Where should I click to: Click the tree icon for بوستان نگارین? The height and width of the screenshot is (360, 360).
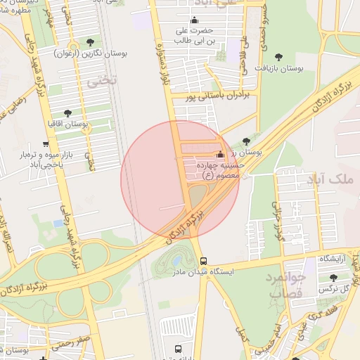[x=90, y=42]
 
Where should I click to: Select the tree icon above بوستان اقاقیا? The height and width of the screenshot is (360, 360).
[x=68, y=112]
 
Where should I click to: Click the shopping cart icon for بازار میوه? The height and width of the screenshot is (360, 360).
[x=46, y=143]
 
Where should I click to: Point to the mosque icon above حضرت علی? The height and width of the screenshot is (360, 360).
[x=195, y=19]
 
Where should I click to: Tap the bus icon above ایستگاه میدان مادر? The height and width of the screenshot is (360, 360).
[x=203, y=260]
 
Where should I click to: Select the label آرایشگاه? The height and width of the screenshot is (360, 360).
[x=336, y=259]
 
